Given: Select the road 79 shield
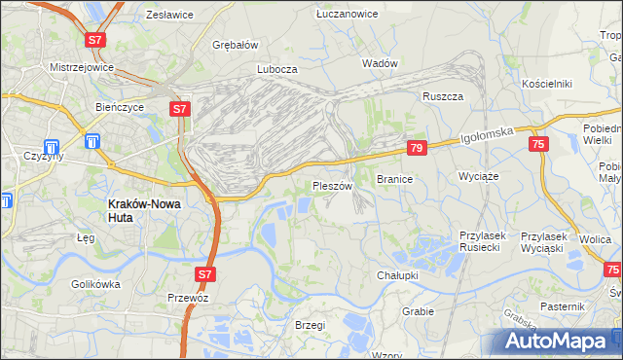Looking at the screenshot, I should [416, 148].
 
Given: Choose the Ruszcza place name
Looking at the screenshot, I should [441, 96].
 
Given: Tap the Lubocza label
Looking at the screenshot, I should [276, 70].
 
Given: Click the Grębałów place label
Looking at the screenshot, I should [236, 45].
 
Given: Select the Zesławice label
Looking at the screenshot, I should [168, 16].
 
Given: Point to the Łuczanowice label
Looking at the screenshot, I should [346, 14].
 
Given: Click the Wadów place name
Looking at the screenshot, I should [380, 63].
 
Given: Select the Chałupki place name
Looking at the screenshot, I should [397, 275].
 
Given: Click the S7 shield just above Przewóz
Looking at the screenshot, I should [203, 275].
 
